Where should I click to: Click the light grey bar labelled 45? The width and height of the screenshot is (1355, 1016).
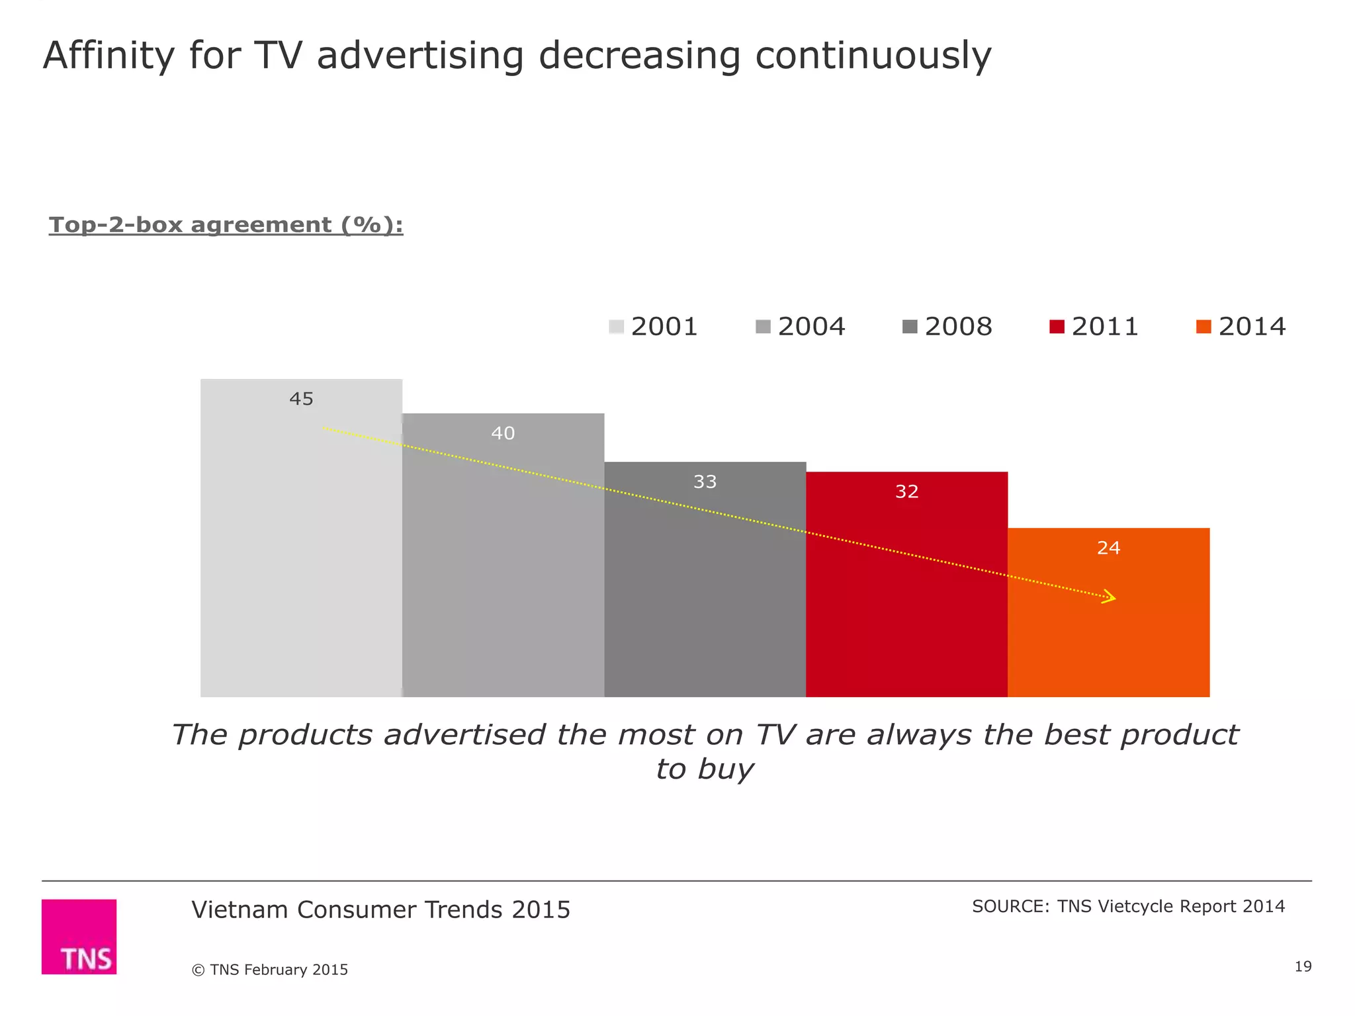(x=301, y=542)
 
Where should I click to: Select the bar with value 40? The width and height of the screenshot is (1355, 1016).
(x=503, y=562)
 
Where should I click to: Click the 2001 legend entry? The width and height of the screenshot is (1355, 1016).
(x=654, y=327)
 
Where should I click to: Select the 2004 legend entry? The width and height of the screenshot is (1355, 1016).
(x=801, y=327)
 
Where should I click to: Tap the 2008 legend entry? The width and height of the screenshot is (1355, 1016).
(x=947, y=327)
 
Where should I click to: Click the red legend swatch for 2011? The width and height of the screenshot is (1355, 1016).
(x=1057, y=327)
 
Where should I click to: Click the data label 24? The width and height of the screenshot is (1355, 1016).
(x=1108, y=548)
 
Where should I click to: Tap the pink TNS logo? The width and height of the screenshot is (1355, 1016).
(x=79, y=936)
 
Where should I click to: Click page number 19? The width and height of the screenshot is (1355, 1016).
(x=1303, y=966)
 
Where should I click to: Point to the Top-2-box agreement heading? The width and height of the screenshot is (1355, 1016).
(x=226, y=225)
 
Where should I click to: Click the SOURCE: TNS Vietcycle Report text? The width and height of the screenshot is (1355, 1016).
(x=1128, y=906)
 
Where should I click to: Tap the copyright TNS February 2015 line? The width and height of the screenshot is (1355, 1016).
(x=269, y=970)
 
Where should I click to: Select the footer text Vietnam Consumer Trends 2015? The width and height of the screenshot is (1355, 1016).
(x=380, y=910)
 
